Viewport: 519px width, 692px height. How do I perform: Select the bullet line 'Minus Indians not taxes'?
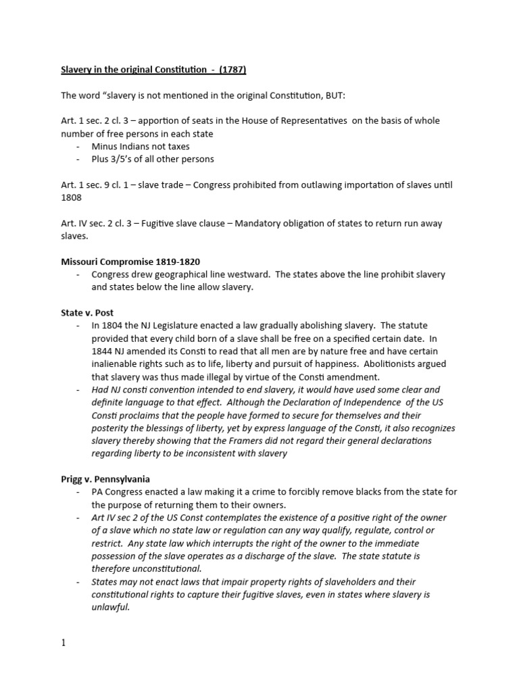141,145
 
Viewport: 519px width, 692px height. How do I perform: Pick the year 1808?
70,197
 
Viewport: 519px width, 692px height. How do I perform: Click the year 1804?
116,326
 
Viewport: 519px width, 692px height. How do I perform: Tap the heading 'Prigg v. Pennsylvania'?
105,478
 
